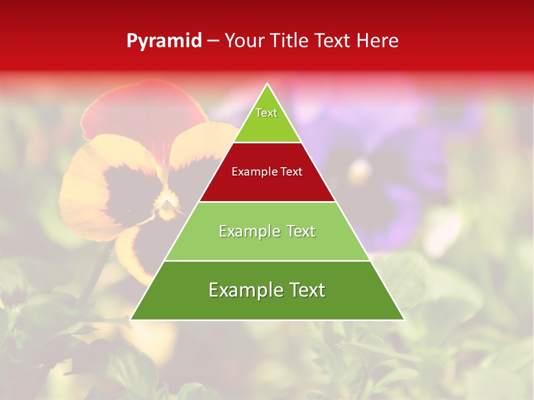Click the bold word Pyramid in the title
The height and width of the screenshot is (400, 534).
(x=164, y=41)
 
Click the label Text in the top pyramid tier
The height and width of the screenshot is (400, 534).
(x=266, y=113)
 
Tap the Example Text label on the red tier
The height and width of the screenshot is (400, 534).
(x=267, y=172)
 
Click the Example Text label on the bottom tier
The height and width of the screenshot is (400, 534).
(x=267, y=290)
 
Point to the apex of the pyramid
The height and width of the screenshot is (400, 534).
(x=268, y=84)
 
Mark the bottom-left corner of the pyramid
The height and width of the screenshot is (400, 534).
(x=131, y=319)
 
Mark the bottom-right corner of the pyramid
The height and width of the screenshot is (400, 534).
(x=404, y=319)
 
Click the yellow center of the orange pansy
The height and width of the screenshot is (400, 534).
(x=166, y=203)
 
